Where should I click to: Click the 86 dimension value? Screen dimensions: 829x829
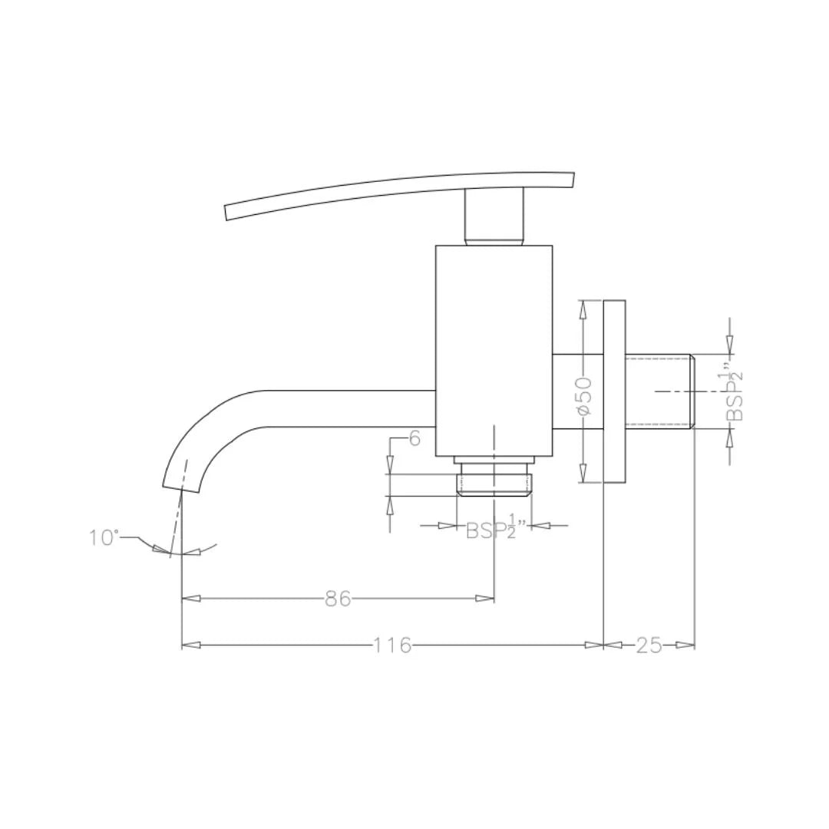click(x=338, y=599)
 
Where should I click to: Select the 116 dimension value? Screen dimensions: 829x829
click(x=392, y=646)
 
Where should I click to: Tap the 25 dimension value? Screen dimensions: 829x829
click(x=649, y=646)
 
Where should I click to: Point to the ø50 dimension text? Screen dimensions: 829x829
click(x=584, y=396)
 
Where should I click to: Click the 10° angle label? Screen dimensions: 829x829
click(x=104, y=537)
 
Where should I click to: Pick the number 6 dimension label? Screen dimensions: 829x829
click(x=414, y=439)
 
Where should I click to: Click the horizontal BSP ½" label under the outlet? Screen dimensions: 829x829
click(x=495, y=529)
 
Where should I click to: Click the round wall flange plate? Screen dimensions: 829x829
click(x=614, y=391)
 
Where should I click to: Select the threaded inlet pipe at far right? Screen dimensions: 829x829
click(x=660, y=391)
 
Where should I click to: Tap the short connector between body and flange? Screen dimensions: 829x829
click(x=577, y=391)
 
